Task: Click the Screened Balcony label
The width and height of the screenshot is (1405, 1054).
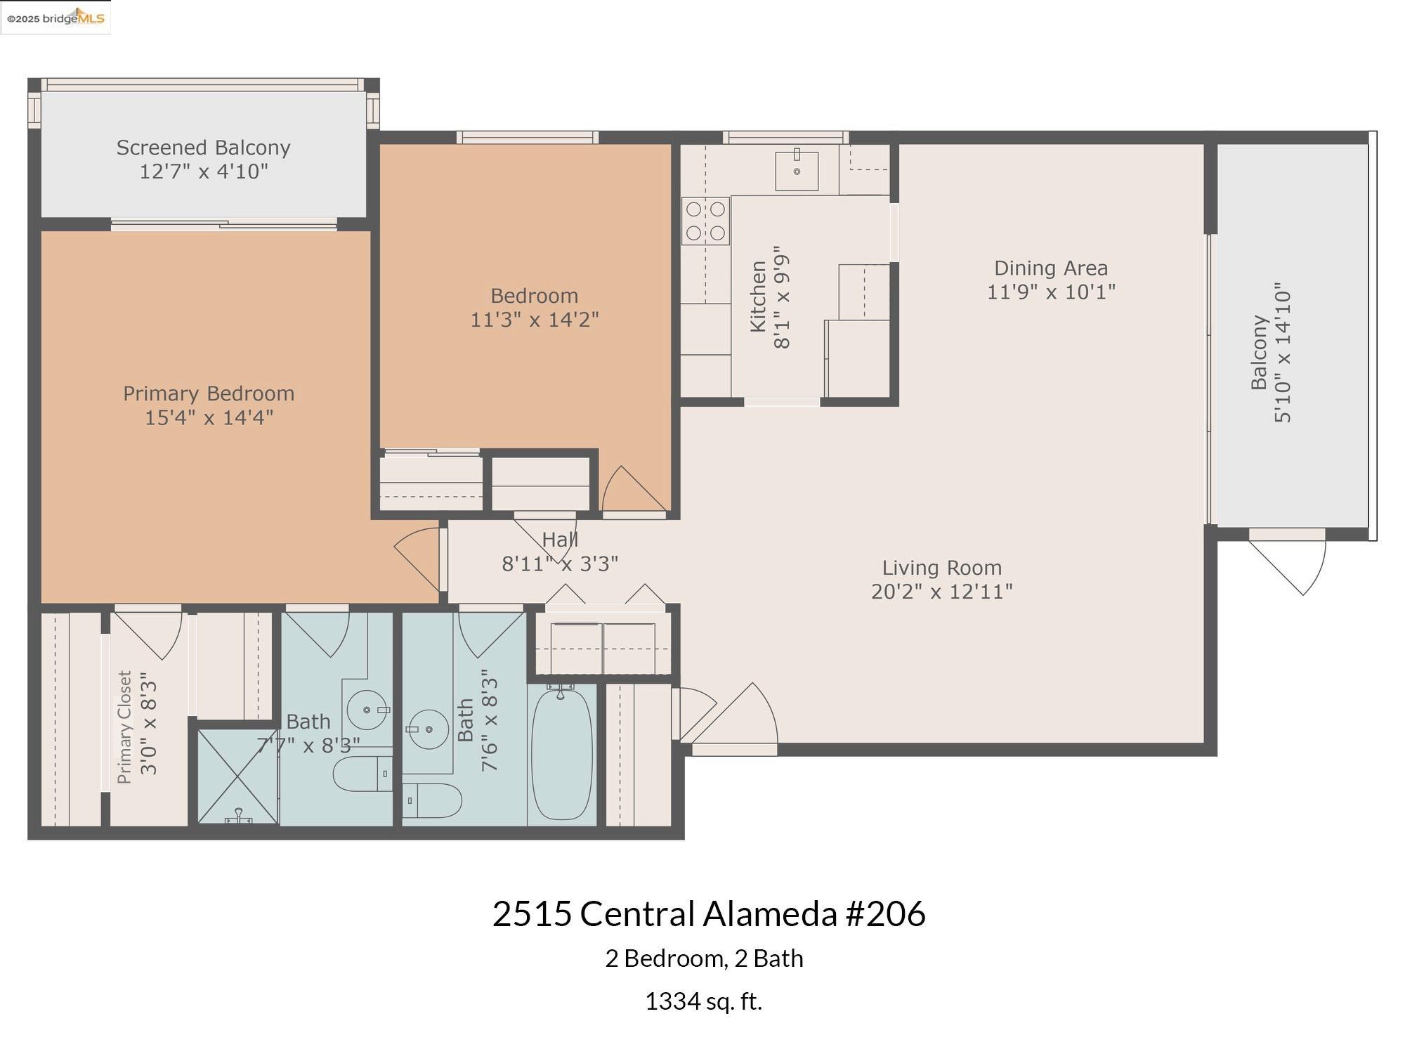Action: click(203, 148)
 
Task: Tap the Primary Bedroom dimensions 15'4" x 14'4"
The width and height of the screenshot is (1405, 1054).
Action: click(209, 417)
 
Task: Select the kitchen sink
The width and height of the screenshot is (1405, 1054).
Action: click(797, 171)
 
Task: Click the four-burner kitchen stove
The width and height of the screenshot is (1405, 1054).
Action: click(705, 221)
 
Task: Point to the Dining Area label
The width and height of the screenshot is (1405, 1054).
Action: click(1050, 268)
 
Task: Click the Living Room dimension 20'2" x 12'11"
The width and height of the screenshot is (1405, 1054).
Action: click(941, 592)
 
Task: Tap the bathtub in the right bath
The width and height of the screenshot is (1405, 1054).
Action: click(561, 755)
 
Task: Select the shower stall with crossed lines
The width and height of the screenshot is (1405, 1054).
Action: click(237, 776)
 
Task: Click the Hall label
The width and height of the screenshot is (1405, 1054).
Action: click(560, 540)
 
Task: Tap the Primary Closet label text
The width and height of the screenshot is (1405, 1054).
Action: click(125, 727)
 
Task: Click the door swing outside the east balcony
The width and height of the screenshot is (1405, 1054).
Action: click(1293, 566)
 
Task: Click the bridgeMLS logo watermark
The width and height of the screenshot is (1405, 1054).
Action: click(56, 18)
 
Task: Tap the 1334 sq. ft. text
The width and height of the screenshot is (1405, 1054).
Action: click(703, 1001)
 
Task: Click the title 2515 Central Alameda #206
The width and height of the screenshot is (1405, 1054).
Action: click(708, 914)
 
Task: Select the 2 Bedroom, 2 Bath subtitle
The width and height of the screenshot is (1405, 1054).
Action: click(704, 958)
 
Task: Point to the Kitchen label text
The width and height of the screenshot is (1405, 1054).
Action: click(758, 296)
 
